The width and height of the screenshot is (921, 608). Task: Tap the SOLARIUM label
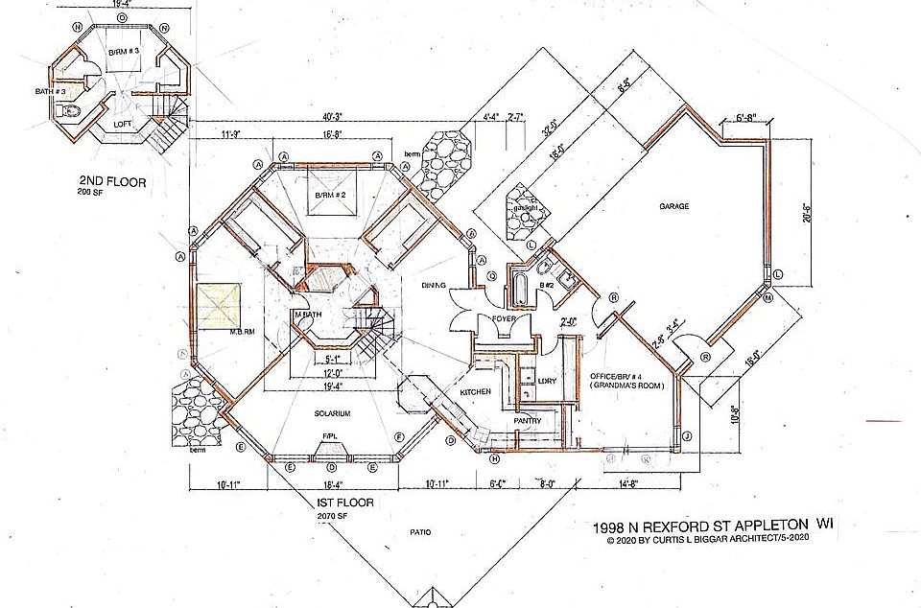click(x=329, y=413)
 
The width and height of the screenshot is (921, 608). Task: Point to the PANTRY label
click(x=528, y=420)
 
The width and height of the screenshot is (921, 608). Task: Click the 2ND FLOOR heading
click(x=113, y=181)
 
